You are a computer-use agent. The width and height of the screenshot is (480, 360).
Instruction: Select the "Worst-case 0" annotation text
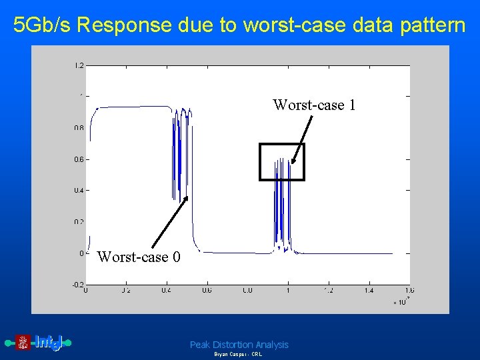[139, 257]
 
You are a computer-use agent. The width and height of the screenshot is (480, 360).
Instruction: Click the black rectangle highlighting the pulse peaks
[281, 145]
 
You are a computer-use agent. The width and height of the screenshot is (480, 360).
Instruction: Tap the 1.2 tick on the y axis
[79, 66]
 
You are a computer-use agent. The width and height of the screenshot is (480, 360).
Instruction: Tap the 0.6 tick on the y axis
[79, 159]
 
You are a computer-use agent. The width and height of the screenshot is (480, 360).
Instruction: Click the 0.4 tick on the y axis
[79, 191]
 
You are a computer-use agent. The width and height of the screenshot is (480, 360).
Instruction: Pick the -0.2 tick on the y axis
[78, 284]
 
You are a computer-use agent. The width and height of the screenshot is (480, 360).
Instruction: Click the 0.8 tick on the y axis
[79, 128]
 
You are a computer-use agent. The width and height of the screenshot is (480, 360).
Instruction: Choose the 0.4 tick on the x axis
[166, 291]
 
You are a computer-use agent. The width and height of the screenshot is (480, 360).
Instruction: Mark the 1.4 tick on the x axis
[369, 291]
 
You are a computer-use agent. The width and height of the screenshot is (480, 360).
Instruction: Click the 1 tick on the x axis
[288, 291]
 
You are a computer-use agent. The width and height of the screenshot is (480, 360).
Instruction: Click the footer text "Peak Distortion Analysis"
[239, 345]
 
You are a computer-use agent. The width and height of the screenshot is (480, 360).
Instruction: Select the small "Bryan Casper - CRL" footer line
[238, 355]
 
